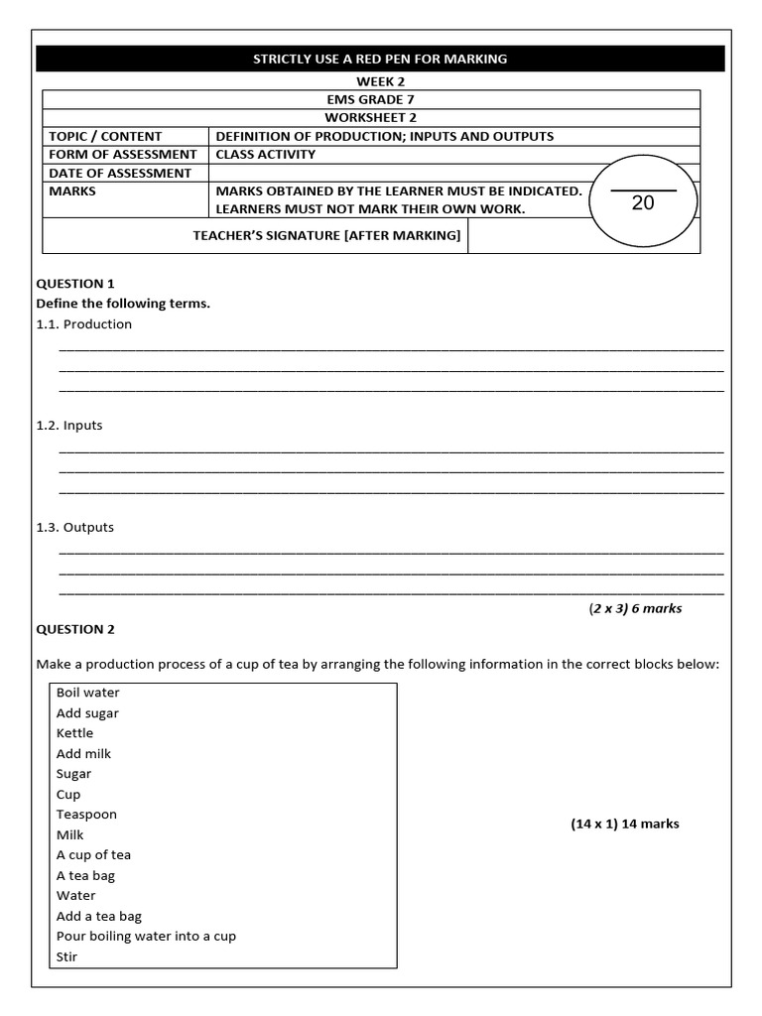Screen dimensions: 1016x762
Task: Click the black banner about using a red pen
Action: pyautogui.click(x=380, y=60)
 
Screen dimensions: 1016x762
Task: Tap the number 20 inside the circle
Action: pyautogui.click(x=643, y=202)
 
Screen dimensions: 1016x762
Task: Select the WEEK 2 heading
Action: pyautogui.click(x=372, y=81)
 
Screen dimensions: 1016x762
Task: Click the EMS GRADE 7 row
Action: pyautogui.click(x=372, y=99)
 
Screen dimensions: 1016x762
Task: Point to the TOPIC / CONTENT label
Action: pyautogui.click(x=106, y=136)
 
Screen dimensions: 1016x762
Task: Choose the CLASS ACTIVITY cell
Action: pyautogui.click(x=266, y=154)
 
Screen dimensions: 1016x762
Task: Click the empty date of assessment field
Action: pyautogui.click(x=397, y=173)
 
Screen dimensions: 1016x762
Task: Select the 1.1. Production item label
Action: pyautogui.click(x=83, y=324)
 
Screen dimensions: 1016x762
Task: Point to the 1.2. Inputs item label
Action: pyautogui.click(x=69, y=426)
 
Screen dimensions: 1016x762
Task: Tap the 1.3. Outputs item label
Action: pyautogui.click(x=74, y=527)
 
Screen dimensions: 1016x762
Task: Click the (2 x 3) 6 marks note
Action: pyautogui.click(x=635, y=608)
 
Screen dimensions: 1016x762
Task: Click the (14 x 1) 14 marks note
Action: pyautogui.click(x=625, y=824)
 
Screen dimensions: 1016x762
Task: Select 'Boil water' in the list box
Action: pyautogui.click(x=88, y=693)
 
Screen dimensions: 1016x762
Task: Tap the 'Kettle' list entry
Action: pyautogui.click(x=75, y=733)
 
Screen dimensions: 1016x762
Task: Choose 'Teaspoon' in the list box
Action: pyautogui.click(x=87, y=815)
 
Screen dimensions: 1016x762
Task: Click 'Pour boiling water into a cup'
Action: pyautogui.click(x=146, y=937)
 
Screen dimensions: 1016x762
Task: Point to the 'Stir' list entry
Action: pyautogui.click(x=67, y=956)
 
